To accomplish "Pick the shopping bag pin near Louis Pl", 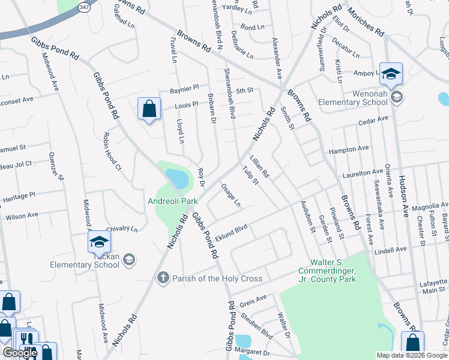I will pos(149,109).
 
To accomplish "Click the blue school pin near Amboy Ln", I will pos(391,74).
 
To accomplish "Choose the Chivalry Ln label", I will pos(122,229).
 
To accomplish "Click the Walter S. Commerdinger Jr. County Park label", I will pos(333,271).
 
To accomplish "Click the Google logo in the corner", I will pos(20,353).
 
